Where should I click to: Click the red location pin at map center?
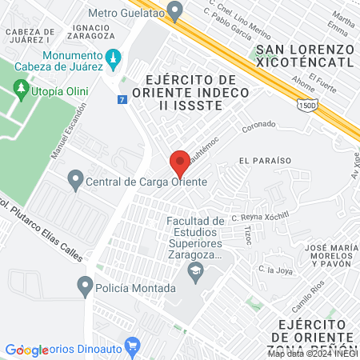pos(180,161)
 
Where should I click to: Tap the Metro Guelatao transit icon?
pos(177,10)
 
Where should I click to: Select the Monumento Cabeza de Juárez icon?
pos(113,57)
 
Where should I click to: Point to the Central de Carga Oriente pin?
pos(75,179)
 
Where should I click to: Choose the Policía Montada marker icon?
pos(86,285)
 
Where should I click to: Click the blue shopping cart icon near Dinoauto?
pos(134,348)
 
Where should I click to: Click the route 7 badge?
pos(121,99)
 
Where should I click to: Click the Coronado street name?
pos(258,126)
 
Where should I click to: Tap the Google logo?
pos(26,350)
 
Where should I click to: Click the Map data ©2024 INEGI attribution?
pos(311,354)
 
